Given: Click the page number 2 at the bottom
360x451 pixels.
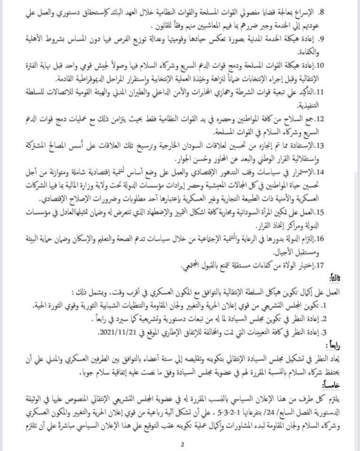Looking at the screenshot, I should (180, 443).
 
